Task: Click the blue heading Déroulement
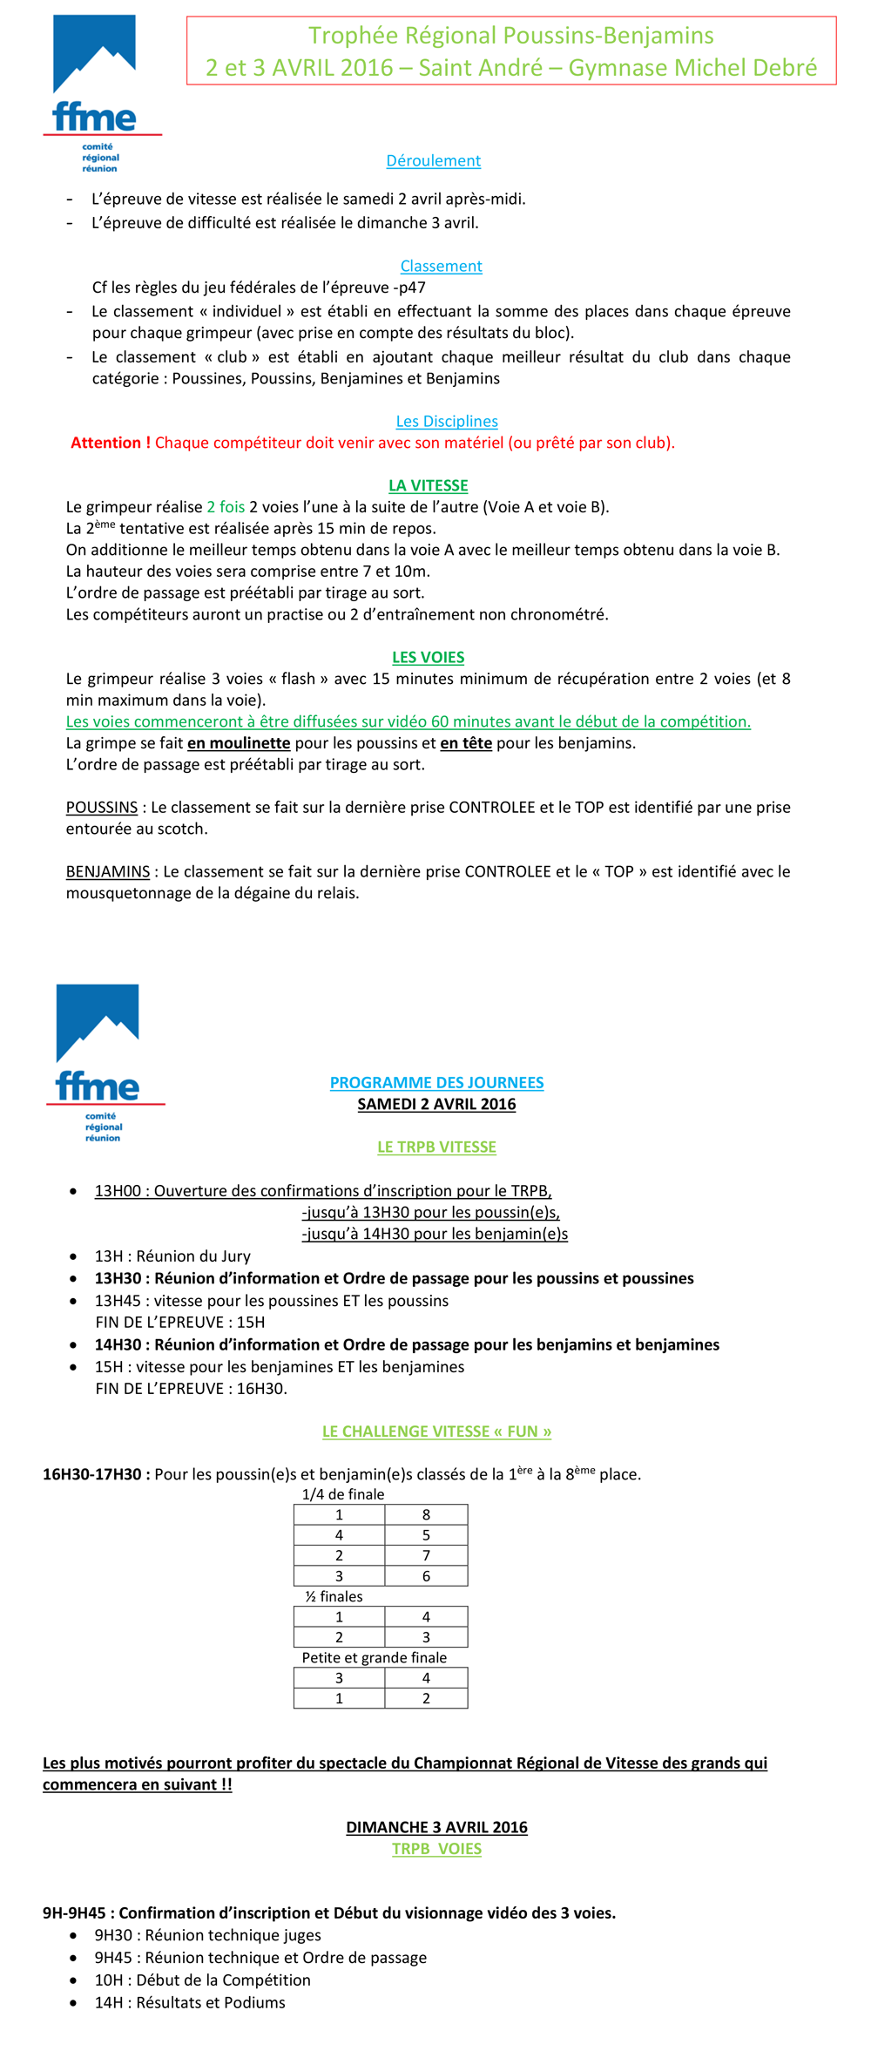433,160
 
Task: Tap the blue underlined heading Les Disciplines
447,421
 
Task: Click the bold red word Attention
110,443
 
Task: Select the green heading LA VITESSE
428,485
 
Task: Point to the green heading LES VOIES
428,657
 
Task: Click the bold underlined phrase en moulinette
239,743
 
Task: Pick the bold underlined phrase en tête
466,743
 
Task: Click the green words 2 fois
226,507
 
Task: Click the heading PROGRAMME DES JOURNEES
436,1082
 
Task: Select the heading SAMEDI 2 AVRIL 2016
436,1104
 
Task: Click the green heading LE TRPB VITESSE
436,1147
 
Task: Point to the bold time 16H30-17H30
92,1474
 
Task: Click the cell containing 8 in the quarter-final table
426,1514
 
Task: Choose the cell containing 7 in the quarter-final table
426,1555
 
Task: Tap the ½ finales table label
334,1596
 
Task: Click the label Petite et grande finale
374,1657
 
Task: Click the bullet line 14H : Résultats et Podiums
190,2002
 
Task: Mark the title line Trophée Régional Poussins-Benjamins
511,36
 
